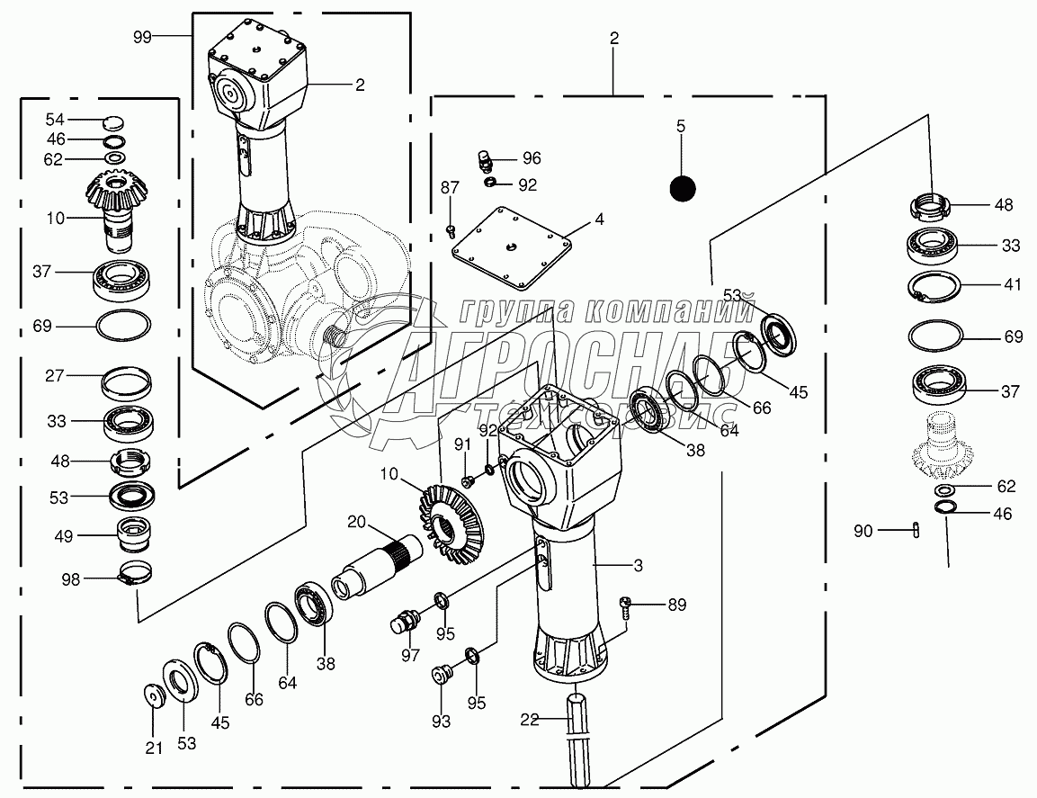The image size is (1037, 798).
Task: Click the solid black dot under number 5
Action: pos(683,189)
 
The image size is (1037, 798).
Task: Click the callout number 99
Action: pos(142,36)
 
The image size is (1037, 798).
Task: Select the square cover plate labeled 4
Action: pos(511,248)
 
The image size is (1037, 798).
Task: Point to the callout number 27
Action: pos(54,376)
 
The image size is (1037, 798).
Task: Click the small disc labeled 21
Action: pos(155,696)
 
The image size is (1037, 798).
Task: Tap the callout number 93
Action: pos(441,722)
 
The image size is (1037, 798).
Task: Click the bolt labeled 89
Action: pos(625,606)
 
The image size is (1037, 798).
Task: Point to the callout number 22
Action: pos(529,719)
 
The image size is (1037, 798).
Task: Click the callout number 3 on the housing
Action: pos(638,566)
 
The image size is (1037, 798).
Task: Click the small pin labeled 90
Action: pos(916,530)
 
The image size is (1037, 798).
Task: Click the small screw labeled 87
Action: pos(451,230)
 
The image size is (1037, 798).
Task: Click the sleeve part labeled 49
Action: pos(134,533)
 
